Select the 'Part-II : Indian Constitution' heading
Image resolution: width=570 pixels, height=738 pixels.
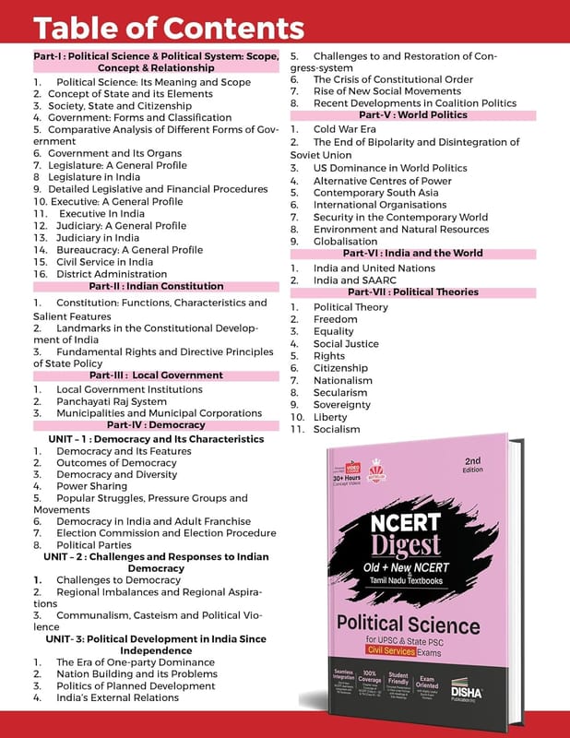click(156, 287)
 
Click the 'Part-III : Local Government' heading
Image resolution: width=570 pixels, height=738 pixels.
click(156, 375)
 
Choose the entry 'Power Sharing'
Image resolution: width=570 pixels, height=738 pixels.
click(92, 485)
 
